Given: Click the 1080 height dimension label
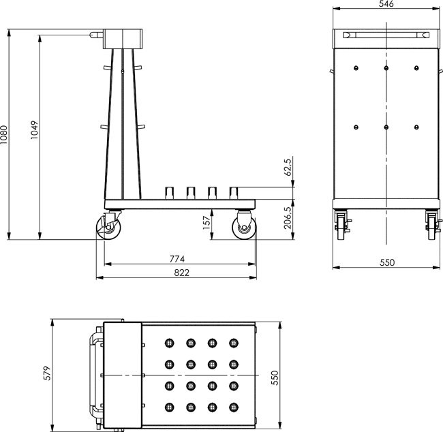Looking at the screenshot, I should [5, 134].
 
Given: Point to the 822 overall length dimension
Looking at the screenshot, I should [179, 273].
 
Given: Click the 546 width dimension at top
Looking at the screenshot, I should [385, 5].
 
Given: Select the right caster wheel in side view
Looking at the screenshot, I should [243, 228].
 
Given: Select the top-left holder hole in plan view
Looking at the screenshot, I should [169, 342].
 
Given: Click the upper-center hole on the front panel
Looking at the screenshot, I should [386, 67].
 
